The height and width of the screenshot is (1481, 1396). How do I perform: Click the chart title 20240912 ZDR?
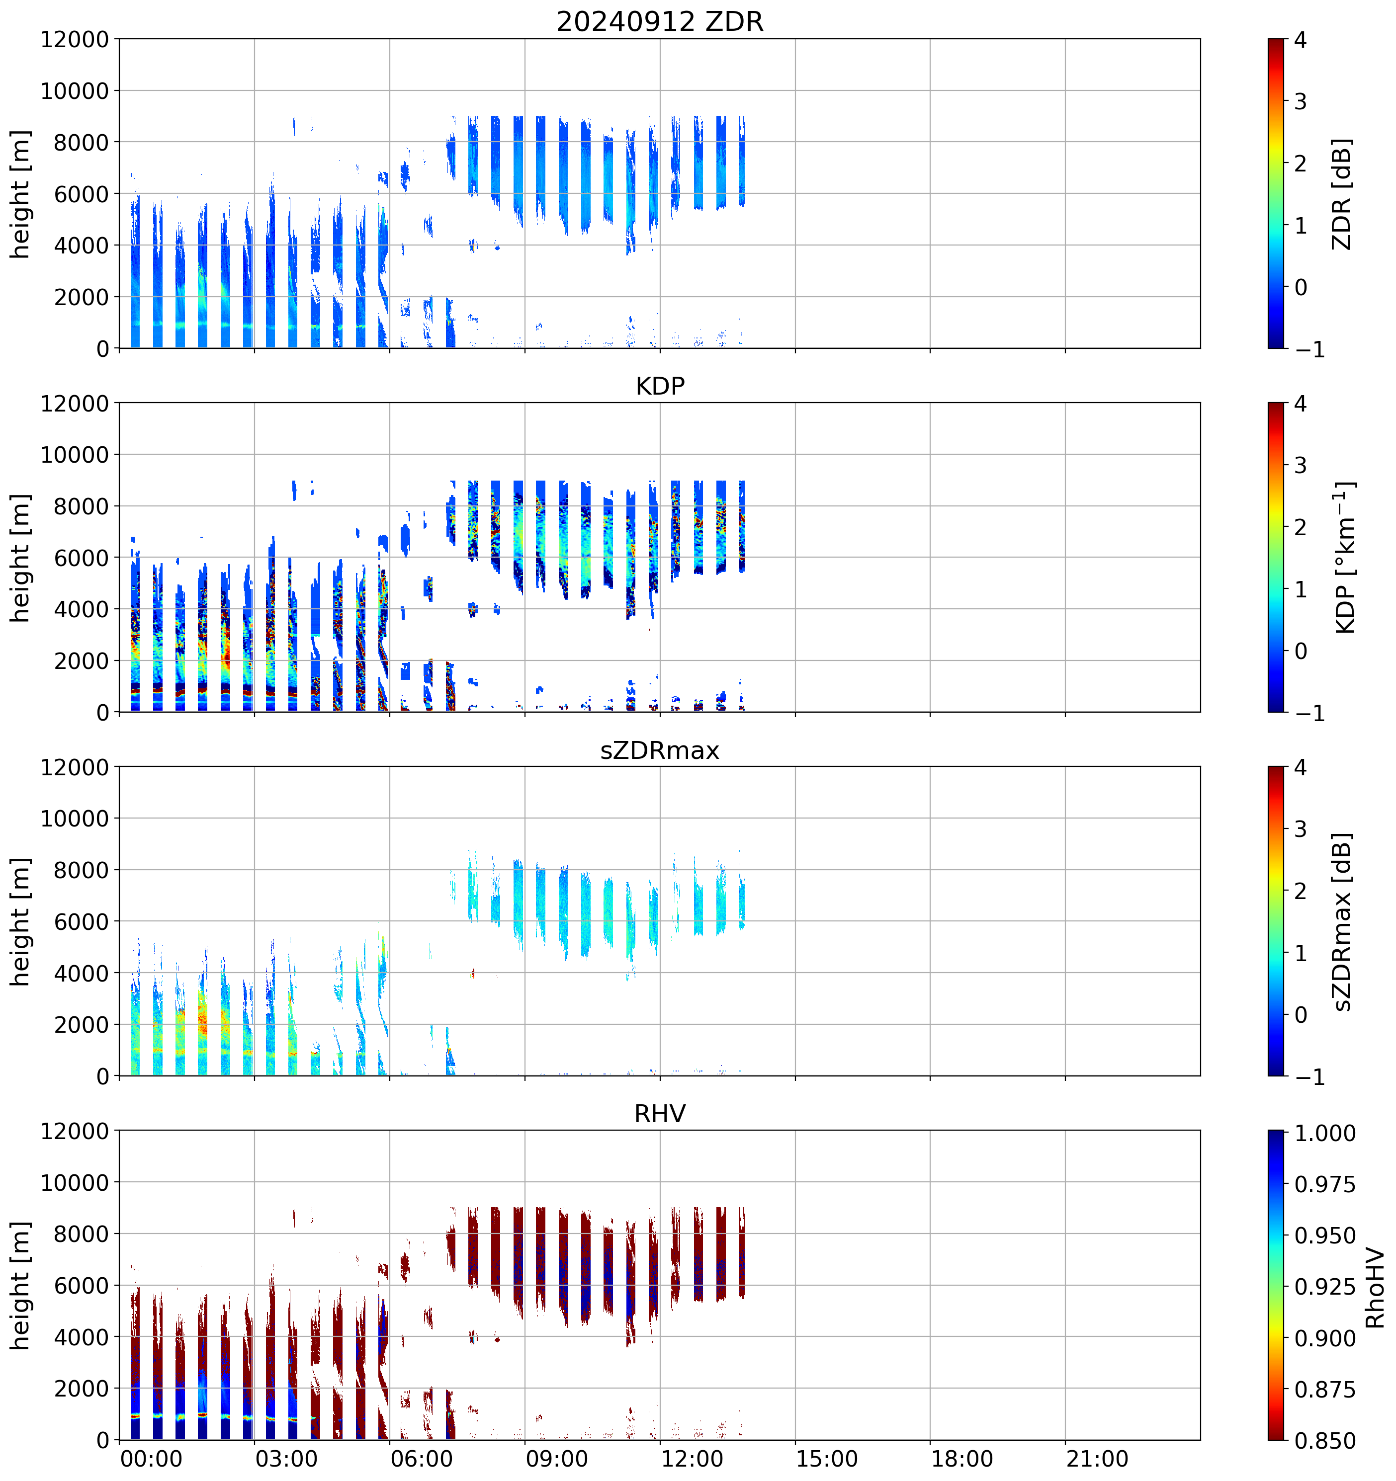coord(660,21)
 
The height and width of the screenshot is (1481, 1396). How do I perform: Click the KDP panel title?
coord(660,386)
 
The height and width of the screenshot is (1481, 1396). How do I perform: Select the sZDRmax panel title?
coord(660,750)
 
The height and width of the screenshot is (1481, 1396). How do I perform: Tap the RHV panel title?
coord(660,1114)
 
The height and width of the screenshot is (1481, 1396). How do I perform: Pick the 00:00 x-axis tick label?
coord(151,1458)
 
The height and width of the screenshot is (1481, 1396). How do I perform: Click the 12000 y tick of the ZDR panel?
coord(75,39)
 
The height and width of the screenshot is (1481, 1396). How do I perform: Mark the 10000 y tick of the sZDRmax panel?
coord(75,819)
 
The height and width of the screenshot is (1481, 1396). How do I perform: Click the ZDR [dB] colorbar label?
coord(1341,194)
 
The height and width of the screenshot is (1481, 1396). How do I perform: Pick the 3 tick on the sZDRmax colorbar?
coord(1300,829)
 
